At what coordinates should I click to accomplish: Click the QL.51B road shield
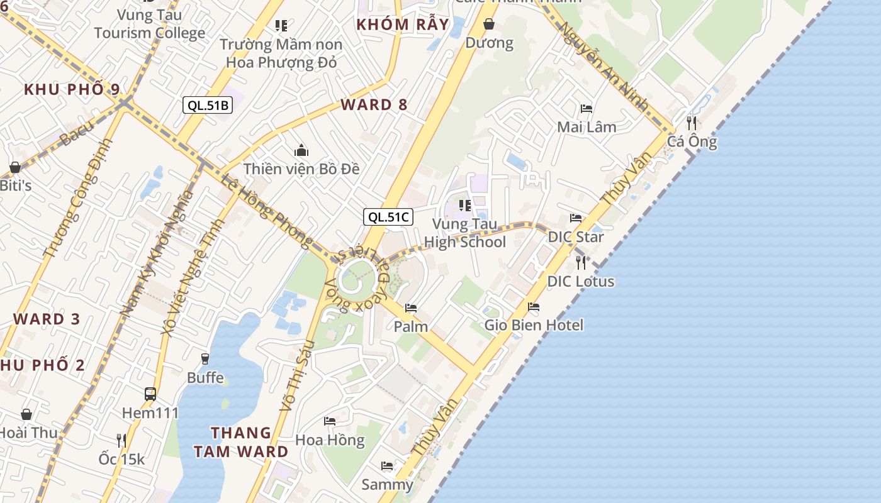[x=208, y=105]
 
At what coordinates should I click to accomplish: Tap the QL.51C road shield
[x=388, y=218]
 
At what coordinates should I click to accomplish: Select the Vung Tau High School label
[x=464, y=233]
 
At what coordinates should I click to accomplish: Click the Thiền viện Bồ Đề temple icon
[x=301, y=151]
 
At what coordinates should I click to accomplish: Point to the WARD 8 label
[x=374, y=105]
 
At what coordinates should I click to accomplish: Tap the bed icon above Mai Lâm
[x=586, y=109]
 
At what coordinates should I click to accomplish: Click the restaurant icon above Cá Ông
[x=692, y=123]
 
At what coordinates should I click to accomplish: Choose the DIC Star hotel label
[x=576, y=237]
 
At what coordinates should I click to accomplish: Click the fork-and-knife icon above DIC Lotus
[x=581, y=262]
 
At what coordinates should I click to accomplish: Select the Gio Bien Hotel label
[x=534, y=325]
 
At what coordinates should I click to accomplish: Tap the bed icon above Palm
[x=411, y=308]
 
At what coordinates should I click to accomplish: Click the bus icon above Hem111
[x=150, y=394]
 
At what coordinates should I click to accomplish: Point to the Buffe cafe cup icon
[x=205, y=359]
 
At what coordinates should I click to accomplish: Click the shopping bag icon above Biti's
[x=15, y=167]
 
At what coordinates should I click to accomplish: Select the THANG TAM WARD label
[x=241, y=442]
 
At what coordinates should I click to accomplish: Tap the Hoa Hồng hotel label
[x=330, y=440]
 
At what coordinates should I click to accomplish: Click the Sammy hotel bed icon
[x=387, y=466]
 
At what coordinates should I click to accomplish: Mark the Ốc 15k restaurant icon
[x=121, y=440]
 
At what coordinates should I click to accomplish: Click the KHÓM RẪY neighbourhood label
[x=403, y=25]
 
